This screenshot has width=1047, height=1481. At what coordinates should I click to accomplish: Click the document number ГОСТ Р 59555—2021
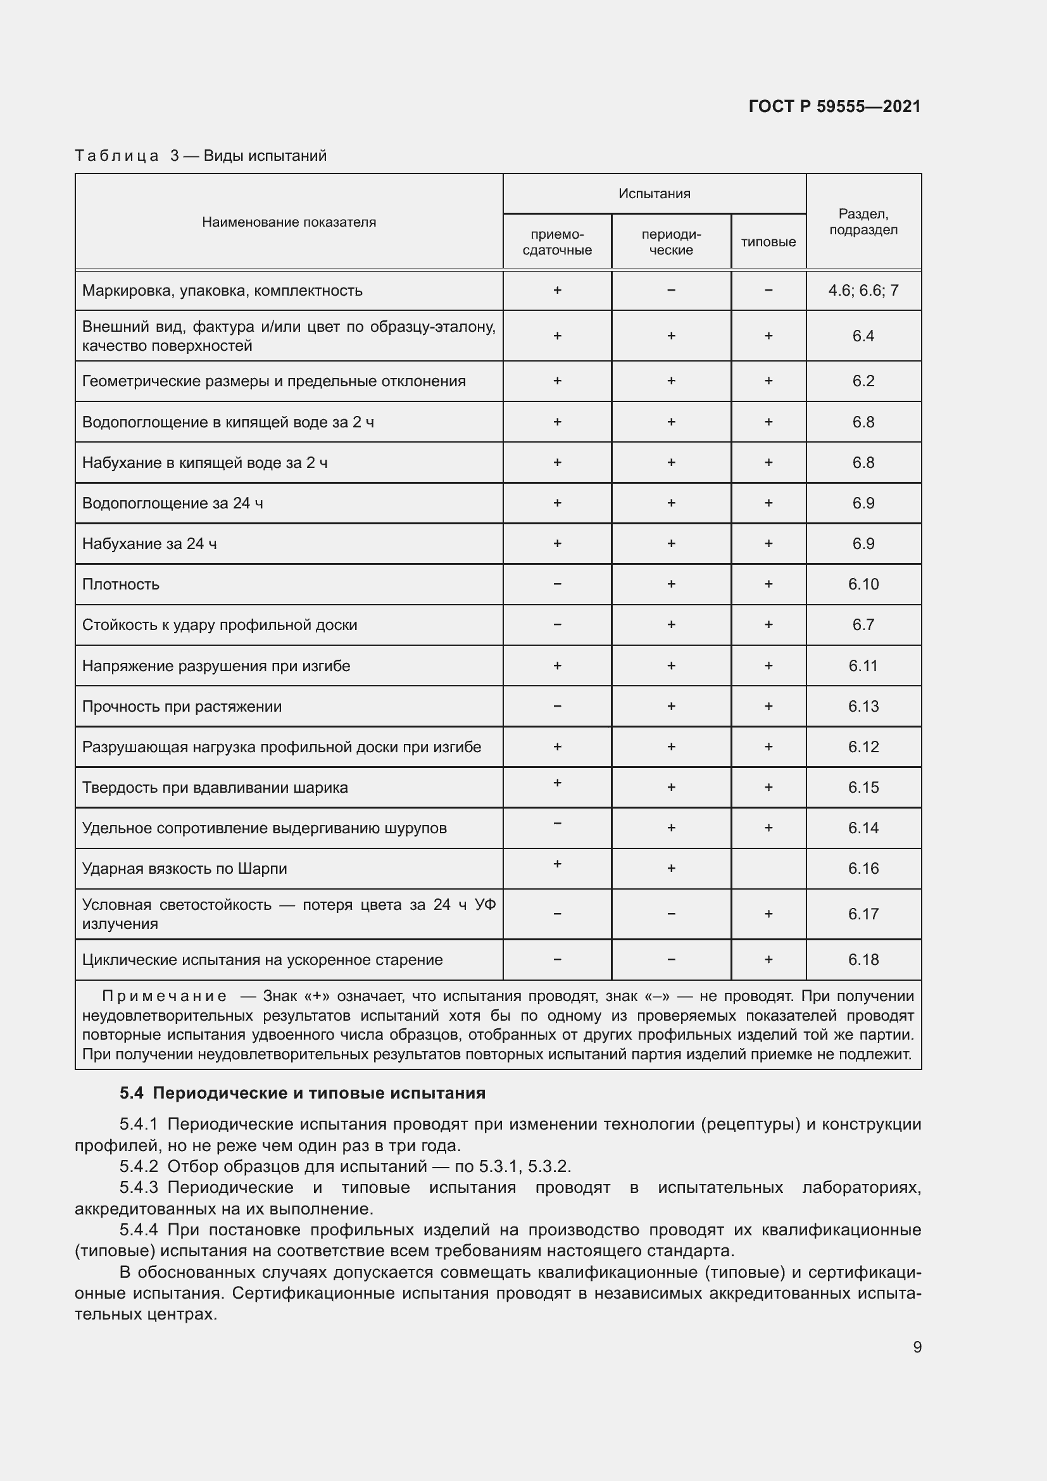click(834, 106)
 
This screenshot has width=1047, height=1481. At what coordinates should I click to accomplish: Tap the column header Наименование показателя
click(289, 222)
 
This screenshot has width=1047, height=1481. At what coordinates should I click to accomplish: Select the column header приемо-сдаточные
click(557, 243)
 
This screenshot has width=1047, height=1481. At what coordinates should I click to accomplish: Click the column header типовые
click(768, 242)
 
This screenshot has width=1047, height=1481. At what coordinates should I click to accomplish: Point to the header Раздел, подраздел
click(863, 221)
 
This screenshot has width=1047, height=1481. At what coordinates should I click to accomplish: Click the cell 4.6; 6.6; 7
click(863, 290)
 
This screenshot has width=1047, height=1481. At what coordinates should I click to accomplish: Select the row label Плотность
click(120, 584)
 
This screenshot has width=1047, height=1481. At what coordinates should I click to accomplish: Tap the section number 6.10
click(863, 584)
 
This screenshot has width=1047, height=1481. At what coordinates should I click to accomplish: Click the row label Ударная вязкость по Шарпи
click(184, 869)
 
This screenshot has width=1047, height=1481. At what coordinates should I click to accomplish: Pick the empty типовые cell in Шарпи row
click(768, 869)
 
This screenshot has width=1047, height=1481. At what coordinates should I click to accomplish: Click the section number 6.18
click(863, 960)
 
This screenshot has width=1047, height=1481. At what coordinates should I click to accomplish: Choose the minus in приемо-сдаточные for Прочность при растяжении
click(557, 707)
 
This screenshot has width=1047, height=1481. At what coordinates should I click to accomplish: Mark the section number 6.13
click(863, 707)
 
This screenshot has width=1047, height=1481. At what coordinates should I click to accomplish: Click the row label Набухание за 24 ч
click(149, 544)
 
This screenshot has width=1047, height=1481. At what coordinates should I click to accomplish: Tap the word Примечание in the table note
click(164, 997)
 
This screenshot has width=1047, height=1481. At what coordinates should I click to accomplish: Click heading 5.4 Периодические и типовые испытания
click(303, 1093)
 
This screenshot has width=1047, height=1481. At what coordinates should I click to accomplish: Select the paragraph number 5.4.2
click(139, 1166)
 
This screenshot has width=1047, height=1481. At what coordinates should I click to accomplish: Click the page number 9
click(917, 1347)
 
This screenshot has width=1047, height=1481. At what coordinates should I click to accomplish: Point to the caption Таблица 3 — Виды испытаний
click(201, 156)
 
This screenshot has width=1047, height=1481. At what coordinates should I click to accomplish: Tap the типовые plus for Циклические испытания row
click(768, 960)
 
